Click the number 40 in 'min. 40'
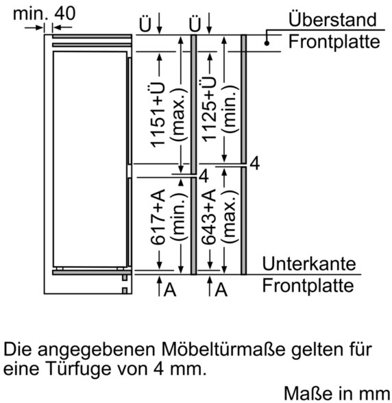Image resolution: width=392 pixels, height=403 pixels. (x=65, y=14)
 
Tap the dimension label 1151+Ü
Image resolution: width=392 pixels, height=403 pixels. (x=158, y=114)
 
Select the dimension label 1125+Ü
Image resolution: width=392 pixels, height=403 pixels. (x=209, y=108)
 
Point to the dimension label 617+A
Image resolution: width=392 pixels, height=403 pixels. (x=158, y=217)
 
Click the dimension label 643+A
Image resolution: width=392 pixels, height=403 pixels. (x=208, y=217)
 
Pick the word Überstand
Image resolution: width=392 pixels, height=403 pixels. (x=332, y=19)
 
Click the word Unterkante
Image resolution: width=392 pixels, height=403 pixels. (x=309, y=263)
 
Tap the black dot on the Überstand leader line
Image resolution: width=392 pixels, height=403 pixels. (x=267, y=43)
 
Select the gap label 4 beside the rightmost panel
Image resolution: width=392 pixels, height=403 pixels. (x=255, y=163)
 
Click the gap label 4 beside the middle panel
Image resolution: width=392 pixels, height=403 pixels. (x=204, y=176)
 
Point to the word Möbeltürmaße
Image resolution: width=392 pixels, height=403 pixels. (x=223, y=350)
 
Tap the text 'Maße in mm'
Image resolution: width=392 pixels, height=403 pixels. (x=337, y=393)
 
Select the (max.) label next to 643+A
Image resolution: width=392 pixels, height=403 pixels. (x=230, y=217)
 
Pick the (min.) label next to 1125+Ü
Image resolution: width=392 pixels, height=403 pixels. (x=230, y=109)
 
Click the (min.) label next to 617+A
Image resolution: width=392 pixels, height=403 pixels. (x=179, y=216)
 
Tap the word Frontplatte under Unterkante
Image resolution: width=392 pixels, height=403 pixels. (x=308, y=285)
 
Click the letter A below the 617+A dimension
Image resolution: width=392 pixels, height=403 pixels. (x=170, y=290)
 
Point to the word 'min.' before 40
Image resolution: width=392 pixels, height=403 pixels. (x=30, y=14)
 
